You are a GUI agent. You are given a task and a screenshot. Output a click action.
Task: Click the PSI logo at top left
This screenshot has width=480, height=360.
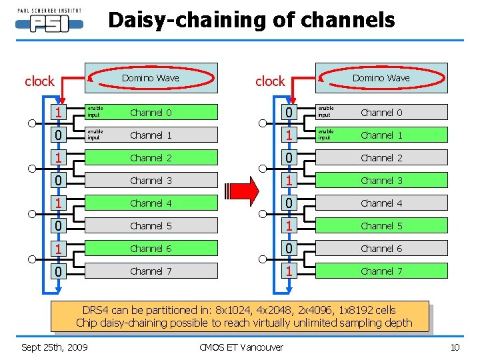49,21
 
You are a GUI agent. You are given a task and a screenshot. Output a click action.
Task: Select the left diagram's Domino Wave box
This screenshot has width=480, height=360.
151,78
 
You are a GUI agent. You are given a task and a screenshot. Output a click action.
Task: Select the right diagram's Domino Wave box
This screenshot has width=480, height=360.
381,78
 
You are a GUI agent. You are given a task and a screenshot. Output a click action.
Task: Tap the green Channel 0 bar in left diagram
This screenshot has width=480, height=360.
151,113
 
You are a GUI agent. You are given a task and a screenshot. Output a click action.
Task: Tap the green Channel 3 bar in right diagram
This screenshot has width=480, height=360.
381,181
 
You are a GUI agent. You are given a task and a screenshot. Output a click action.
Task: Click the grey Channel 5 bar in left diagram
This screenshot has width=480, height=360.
151,226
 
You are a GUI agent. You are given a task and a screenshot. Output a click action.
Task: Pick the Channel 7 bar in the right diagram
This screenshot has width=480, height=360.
381,271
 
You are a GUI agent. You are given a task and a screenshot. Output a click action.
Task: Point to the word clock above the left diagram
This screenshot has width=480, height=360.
39,81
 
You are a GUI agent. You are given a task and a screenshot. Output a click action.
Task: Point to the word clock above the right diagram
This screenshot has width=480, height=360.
269,81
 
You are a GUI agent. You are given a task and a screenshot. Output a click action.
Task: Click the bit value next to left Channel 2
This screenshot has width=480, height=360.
59,159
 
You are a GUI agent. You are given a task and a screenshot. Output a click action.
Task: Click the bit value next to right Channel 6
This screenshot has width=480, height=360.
289,249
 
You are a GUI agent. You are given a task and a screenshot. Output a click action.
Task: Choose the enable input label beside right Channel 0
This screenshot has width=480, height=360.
325,112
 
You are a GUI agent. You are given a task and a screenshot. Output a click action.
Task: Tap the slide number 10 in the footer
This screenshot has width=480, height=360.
455,347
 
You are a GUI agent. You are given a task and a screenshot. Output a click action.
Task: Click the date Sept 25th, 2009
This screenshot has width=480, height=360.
55,347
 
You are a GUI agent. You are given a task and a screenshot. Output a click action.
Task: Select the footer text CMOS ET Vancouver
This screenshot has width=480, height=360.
241,347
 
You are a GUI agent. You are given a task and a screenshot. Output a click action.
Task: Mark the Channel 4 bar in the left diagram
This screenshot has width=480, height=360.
151,203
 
